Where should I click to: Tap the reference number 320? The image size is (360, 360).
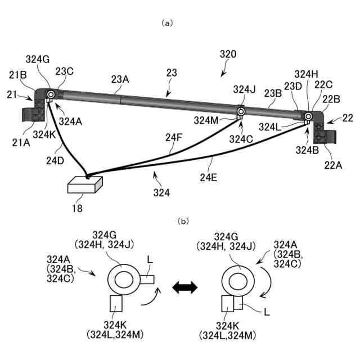pyautogui.click(x=228, y=55)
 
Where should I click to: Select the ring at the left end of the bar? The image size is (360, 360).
pyautogui.click(x=51, y=94)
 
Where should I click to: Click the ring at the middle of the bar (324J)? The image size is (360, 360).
pyautogui.click(x=241, y=112)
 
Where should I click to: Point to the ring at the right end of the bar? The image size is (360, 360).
pyautogui.click(x=308, y=116)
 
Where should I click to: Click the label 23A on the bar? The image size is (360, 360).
pyautogui.click(x=120, y=80)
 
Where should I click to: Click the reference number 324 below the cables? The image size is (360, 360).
pyautogui.click(x=162, y=193)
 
